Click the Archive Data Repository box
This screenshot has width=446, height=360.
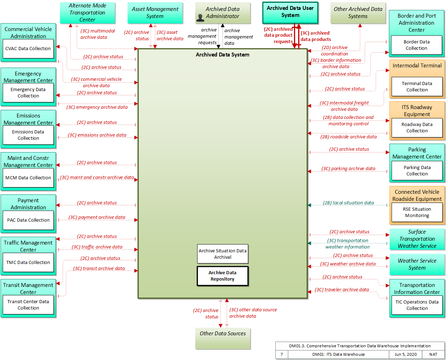(x=223, y=276)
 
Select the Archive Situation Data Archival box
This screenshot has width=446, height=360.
(x=223, y=254)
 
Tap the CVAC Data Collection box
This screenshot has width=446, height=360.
(x=28, y=48)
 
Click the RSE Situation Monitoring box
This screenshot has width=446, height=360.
(x=417, y=212)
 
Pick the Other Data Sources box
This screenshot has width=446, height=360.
(x=223, y=338)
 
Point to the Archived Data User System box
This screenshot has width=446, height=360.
(x=290, y=13)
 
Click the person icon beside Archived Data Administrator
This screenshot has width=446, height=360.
(x=200, y=18)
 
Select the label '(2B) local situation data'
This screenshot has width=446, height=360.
(x=348, y=203)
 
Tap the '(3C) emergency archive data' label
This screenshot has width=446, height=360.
(x=97, y=107)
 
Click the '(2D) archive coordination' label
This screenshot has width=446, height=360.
(x=335, y=50)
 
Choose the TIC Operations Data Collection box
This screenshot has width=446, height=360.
(x=417, y=305)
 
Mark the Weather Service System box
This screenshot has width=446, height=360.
(x=417, y=264)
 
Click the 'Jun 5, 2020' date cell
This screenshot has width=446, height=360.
(x=405, y=354)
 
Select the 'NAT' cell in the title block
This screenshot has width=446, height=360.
(x=433, y=354)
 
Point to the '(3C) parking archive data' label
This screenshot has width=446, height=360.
(x=348, y=168)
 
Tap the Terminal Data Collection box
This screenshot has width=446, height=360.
(x=417, y=87)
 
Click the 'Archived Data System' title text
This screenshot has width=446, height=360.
(x=223, y=55)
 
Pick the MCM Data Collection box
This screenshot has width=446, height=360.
(x=28, y=178)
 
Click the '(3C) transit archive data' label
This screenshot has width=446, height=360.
(x=99, y=268)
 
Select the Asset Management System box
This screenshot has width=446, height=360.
(x=155, y=13)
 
